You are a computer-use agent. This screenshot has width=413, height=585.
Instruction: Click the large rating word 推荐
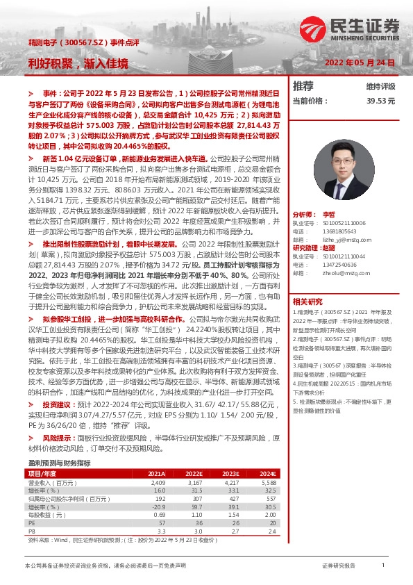click(303, 86)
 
